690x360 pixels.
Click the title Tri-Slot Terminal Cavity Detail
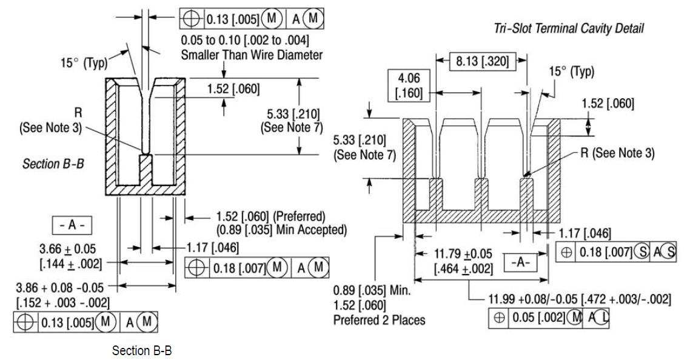point(569,28)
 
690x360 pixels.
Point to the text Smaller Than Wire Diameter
point(252,55)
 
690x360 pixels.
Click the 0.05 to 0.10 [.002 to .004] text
point(245,41)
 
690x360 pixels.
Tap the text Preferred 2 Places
point(379,320)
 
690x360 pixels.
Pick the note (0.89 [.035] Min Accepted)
point(281,230)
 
